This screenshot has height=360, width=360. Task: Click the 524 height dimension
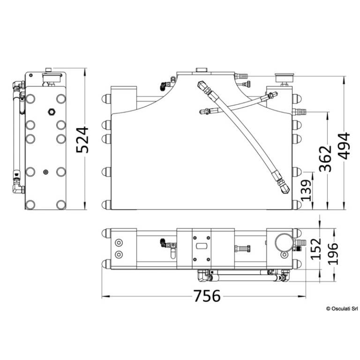click(82, 140)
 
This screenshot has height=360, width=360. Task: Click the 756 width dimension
click(207, 296)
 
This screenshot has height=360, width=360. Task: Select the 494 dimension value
click(345, 146)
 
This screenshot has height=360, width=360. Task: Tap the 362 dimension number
click(326, 158)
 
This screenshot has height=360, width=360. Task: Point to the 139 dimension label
click(306, 187)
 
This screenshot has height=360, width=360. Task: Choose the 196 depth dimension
click(333, 254)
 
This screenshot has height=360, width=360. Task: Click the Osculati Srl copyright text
click(342, 309)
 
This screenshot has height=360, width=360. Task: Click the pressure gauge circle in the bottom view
click(284, 243)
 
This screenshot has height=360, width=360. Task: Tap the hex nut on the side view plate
click(51, 112)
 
